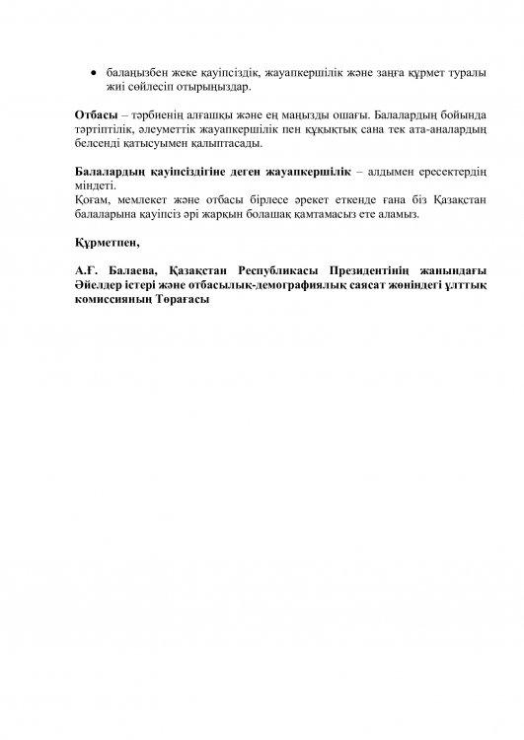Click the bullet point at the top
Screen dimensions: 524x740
coord(93,74)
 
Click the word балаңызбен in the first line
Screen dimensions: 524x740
coord(136,74)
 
